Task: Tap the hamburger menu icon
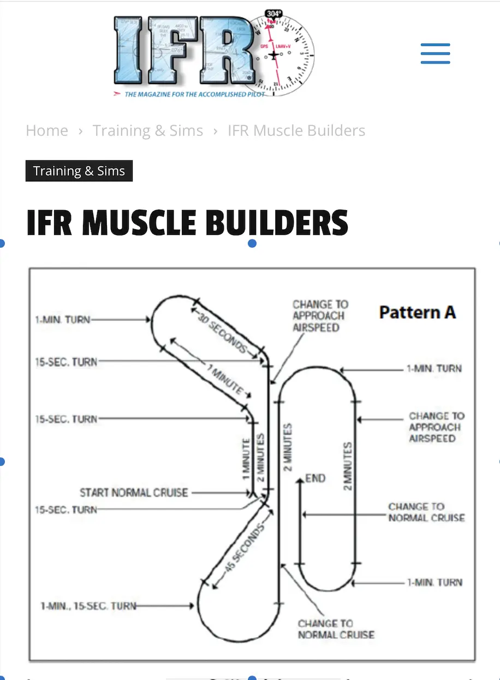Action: click(435, 54)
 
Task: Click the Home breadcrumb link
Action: click(47, 131)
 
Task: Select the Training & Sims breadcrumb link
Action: click(147, 131)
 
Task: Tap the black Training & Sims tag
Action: click(79, 171)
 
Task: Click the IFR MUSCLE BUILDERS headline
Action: click(187, 223)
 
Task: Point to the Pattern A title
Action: click(417, 312)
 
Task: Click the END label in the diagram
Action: click(316, 479)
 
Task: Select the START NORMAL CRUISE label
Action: click(134, 493)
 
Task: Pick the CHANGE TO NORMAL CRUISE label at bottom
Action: click(336, 629)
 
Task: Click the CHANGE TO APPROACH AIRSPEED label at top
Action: click(320, 316)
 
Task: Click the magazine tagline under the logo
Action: click(194, 94)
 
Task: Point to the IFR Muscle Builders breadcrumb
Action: click(296, 131)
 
